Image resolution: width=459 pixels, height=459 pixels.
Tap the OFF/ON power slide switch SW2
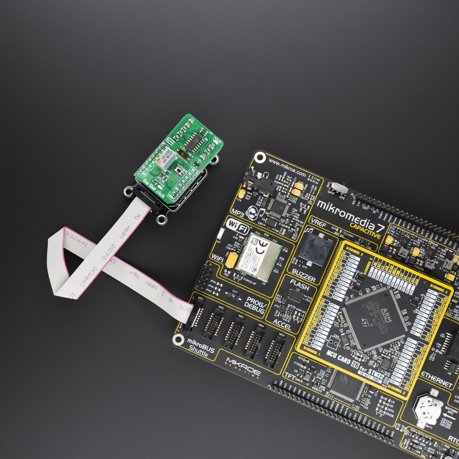click(x=339, y=188)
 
